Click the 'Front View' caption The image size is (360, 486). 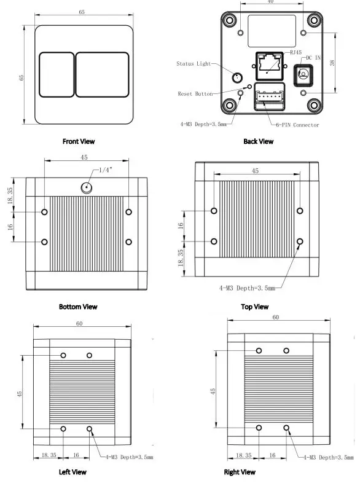point(79,141)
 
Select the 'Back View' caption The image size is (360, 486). point(258,141)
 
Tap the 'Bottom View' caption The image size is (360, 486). point(78,306)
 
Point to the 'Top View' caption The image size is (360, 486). point(254,307)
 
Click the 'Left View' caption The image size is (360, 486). point(72,472)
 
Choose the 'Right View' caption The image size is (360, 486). point(240,472)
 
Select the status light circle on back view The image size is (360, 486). point(237,78)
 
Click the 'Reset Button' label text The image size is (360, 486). point(195,94)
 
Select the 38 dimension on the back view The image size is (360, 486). point(332,62)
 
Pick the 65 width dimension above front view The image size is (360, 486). point(82,12)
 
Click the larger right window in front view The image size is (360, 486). point(103,74)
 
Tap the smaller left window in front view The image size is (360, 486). point(56,74)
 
